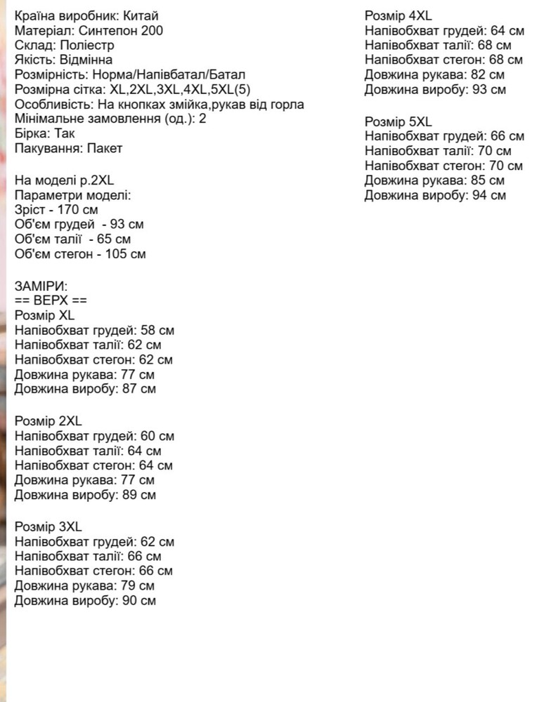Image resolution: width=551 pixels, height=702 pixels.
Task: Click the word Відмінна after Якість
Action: click(x=86, y=60)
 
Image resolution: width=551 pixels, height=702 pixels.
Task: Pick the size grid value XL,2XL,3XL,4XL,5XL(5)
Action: click(x=180, y=89)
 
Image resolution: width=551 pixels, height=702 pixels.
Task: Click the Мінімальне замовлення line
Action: click(x=110, y=119)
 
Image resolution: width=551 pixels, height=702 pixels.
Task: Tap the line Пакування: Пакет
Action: click(x=68, y=148)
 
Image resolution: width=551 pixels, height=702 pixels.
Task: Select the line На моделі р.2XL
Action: click(x=64, y=180)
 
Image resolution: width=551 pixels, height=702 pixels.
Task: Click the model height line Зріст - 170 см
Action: click(x=56, y=210)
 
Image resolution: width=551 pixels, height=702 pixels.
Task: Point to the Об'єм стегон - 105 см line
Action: click(x=80, y=254)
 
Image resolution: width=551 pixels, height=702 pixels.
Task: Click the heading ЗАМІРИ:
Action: click(x=41, y=286)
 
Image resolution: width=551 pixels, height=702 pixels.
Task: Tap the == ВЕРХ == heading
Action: click(x=51, y=300)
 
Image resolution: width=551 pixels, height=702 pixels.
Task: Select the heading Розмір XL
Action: click(x=44, y=315)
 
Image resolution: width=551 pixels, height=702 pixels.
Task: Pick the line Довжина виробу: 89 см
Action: click(x=85, y=495)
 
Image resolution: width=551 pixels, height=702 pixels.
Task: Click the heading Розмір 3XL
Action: click(x=48, y=526)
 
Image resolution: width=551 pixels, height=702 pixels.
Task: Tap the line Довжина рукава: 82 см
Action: click(x=434, y=74)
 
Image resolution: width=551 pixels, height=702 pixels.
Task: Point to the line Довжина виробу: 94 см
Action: click(x=435, y=195)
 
